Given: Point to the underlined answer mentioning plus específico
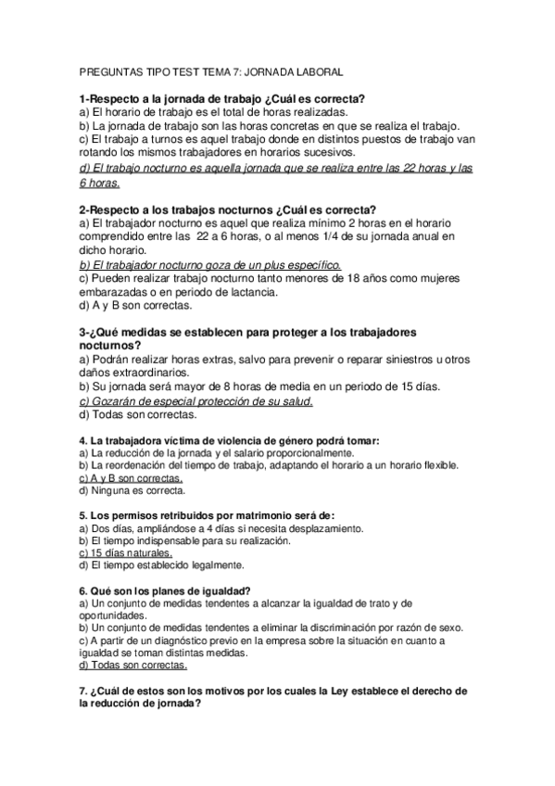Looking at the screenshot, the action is [211, 264].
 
